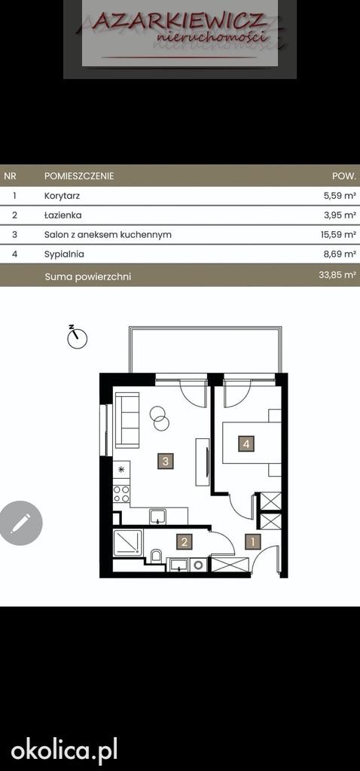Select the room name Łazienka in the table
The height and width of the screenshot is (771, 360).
click(x=63, y=215)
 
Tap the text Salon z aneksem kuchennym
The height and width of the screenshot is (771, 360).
click(x=108, y=235)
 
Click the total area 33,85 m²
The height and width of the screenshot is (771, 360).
click(x=337, y=276)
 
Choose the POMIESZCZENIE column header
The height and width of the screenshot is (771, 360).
click(x=79, y=175)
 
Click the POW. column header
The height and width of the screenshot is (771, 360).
click(x=344, y=175)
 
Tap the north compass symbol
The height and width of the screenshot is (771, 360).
click(x=77, y=337)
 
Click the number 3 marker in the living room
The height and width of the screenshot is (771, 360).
click(x=166, y=462)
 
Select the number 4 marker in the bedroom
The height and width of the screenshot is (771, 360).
click(x=246, y=444)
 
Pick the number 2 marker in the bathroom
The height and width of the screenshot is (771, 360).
click(x=184, y=542)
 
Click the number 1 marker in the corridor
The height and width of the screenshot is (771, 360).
click(x=253, y=542)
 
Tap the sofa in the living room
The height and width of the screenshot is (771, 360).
click(x=127, y=420)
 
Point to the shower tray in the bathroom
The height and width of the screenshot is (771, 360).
click(x=128, y=543)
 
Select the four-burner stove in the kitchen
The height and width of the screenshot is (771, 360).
click(x=121, y=494)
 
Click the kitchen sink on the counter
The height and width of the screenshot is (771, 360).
click(x=158, y=517)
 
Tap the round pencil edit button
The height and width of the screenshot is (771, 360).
click(x=20, y=523)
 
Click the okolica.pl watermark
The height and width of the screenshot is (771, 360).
click(x=65, y=752)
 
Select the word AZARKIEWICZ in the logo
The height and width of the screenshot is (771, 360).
click(x=180, y=21)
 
